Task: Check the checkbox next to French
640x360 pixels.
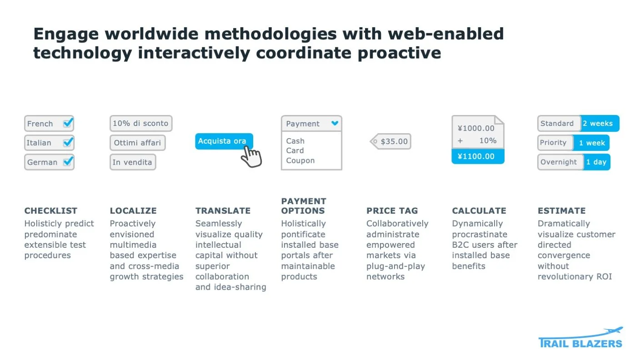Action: [x=68, y=123]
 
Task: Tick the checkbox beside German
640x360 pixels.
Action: [x=68, y=162]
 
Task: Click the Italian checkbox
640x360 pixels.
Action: [x=68, y=142]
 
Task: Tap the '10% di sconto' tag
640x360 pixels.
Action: [x=140, y=123]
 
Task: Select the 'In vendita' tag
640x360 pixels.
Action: [x=132, y=162]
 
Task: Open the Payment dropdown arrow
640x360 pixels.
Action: [x=335, y=123]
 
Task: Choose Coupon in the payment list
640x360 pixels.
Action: [x=300, y=160]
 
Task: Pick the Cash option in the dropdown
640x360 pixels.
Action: [x=295, y=141]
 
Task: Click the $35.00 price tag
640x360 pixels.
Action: [x=391, y=141]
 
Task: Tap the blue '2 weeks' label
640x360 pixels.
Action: [x=599, y=123]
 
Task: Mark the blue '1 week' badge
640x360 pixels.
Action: [x=591, y=143]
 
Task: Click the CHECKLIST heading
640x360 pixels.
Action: [x=51, y=210]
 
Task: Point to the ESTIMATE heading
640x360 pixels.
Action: [x=561, y=210]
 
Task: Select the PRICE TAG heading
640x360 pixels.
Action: [x=392, y=210]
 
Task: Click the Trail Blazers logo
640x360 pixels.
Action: [x=580, y=338]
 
